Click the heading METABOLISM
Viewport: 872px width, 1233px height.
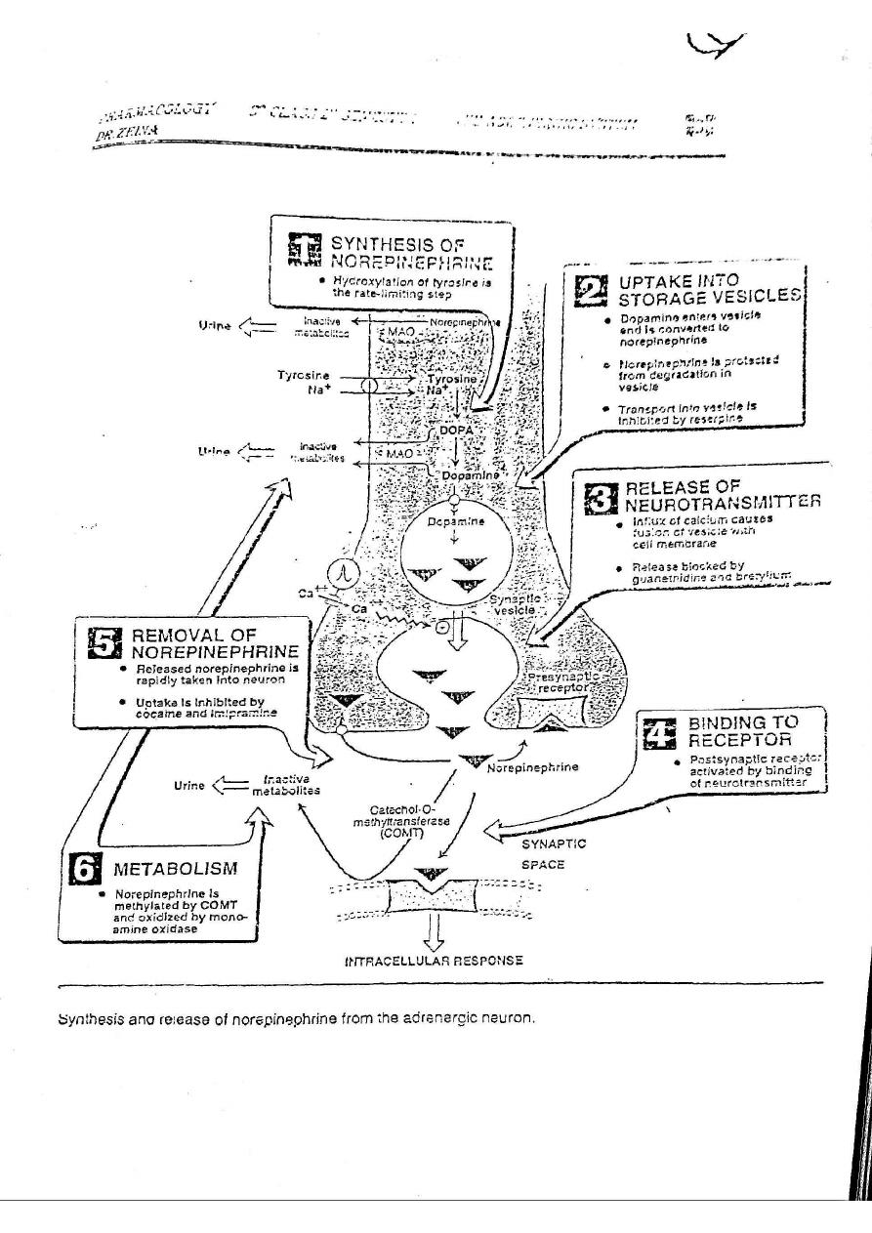[175, 868]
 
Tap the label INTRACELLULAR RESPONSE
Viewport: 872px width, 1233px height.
[434, 960]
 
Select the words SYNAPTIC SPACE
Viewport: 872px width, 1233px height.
[550, 853]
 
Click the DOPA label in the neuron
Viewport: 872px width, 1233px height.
[455, 431]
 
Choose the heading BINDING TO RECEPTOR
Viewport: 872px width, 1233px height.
[743, 731]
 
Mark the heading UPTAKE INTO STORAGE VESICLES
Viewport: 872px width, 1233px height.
[708, 289]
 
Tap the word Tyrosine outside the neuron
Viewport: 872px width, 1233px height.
[303, 375]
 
